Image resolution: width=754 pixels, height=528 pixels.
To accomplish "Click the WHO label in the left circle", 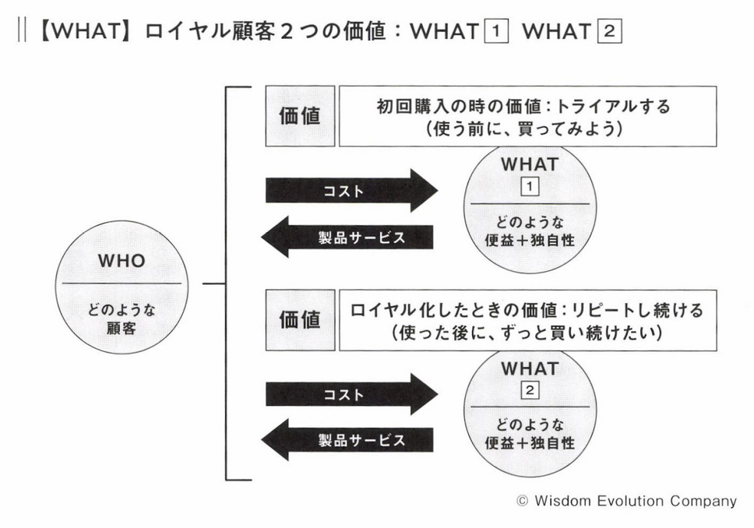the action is tap(122, 261).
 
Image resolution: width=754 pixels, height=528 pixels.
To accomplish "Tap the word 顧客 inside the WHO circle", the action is tap(122, 329).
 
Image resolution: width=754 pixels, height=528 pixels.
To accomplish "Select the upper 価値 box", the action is tap(300, 116).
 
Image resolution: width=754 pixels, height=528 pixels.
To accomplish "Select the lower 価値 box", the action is tap(300, 320).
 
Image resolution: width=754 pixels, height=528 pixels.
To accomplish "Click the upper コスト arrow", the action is tap(351, 191).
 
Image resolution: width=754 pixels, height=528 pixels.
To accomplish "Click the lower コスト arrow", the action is tap(351, 394).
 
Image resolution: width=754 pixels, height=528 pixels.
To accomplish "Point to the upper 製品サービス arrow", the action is tap(347, 237).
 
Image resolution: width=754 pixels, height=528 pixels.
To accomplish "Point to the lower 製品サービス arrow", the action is tap(347, 440).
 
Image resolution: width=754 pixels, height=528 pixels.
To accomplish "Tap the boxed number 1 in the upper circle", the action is tap(530, 187).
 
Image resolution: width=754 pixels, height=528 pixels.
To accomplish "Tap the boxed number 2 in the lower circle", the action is tap(530, 390).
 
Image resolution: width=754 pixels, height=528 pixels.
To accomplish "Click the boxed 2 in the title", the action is tap(609, 31).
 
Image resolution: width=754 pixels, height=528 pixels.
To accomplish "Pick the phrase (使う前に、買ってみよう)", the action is tap(524, 128).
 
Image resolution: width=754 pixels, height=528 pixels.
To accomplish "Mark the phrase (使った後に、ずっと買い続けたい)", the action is tap(527, 333).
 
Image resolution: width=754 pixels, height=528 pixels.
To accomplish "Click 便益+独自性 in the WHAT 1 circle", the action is tap(530, 241).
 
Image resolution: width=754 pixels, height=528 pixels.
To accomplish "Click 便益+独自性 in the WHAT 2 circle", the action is tap(530, 443).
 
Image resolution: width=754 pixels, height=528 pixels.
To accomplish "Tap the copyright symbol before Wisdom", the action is tap(522, 501).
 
